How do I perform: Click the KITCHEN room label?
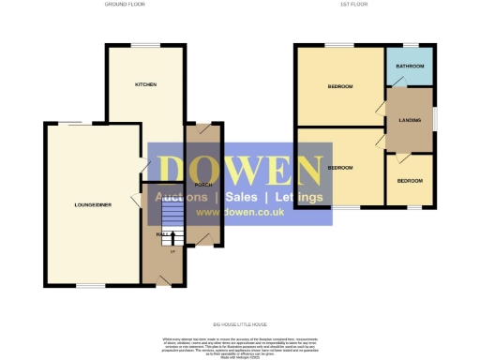point(145,84)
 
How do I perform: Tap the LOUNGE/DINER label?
point(94,203)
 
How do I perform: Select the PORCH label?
point(202,185)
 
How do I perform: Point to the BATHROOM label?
point(410,67)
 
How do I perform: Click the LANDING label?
point(410,118)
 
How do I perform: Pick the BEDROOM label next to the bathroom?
point(339,87)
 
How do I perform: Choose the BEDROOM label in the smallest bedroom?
point(410,180)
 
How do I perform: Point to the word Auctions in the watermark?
point(182,198)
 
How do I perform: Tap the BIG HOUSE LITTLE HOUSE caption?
point(240,321)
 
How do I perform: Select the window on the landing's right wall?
point(435,120)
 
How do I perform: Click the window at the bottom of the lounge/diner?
point(90,285)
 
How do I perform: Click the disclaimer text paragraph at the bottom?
point(240,344)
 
